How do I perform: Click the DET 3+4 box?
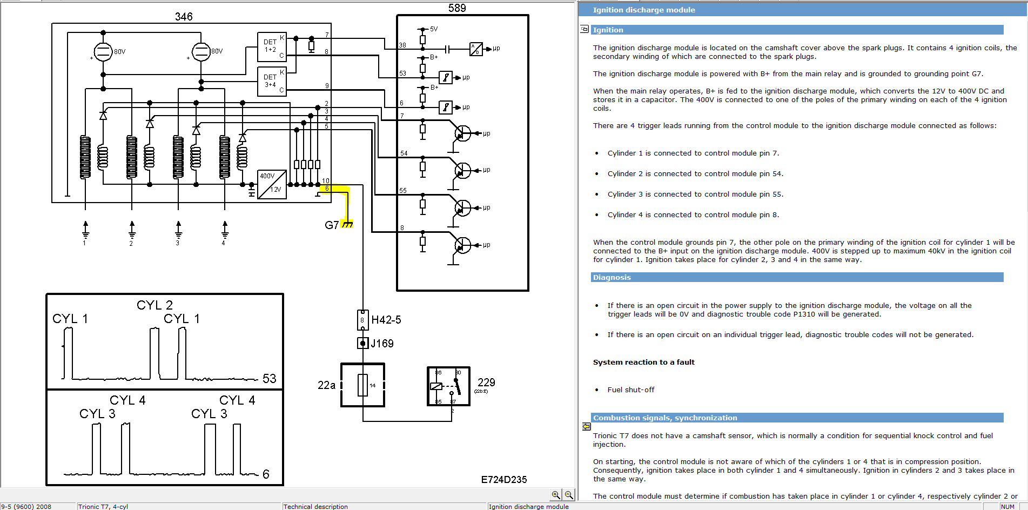[272, 81]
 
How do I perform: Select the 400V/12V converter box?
[272, 184]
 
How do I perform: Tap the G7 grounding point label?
[332, 225]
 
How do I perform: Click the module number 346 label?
[184, 17]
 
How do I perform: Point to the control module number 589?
[457, 8]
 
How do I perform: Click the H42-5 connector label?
[386, 320]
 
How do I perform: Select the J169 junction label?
[382, 344]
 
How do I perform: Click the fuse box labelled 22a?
[362, 385]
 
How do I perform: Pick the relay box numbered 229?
[448, 386]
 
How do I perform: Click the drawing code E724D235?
[504, 480]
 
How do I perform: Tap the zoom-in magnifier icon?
[556, 494]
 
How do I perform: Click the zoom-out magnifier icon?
[569, 494]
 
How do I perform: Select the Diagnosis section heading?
[612, 278]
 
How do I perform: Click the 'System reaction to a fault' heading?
[644, 363]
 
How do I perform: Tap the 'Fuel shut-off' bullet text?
[631, 390]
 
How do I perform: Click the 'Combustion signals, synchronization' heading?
[665, 418]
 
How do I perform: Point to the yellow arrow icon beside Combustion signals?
[586, 427]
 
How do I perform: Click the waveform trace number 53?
[269, 379]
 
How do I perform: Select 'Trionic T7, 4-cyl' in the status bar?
[103, 507]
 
